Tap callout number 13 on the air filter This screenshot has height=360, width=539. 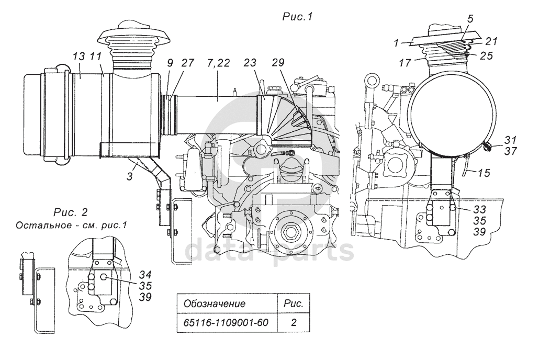tap(78, 57)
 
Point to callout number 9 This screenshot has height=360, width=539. tap(171, 63)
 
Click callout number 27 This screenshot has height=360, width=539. tap(188, 63)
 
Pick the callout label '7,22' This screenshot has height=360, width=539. tap(219, 63)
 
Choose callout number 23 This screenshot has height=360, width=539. tap(251, 63)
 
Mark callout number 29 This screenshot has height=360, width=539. tap(278, 63)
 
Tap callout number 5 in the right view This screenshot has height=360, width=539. tap(470, 19)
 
